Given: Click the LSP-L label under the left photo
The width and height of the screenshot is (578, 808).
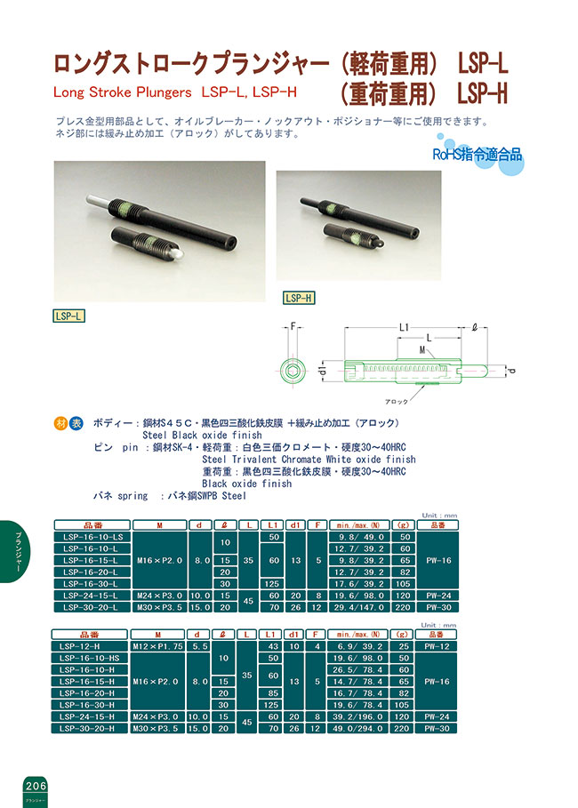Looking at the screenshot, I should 69,315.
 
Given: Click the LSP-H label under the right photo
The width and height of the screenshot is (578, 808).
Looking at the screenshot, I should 300,299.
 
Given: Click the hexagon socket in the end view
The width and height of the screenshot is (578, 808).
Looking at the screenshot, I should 293,369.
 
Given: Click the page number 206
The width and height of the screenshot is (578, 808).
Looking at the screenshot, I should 36,787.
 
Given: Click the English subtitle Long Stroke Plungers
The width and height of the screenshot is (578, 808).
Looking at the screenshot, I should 123,92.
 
